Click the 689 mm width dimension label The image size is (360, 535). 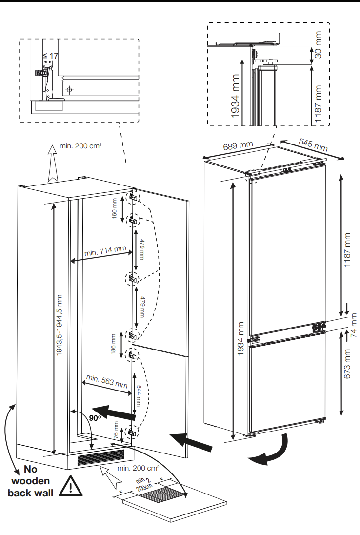pos(238,145)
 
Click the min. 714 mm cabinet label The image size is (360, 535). pos(105,252)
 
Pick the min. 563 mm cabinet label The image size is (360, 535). pos(107,381)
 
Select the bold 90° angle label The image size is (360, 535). pos(96,418)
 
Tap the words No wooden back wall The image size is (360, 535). pos(30,481)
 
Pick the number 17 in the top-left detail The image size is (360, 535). pos(54,56)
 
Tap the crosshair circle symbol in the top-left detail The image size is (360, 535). pos(69,90)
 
